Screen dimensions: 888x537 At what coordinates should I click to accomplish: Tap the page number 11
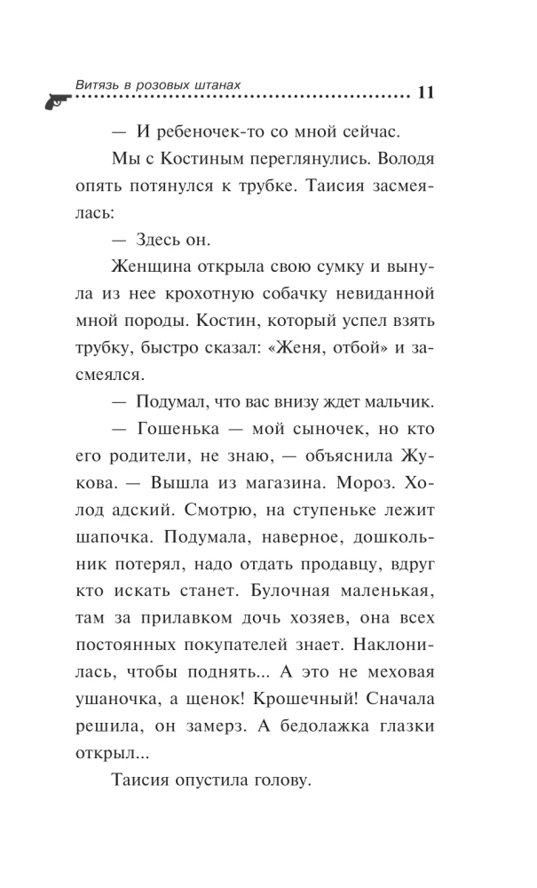click(423, 92)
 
